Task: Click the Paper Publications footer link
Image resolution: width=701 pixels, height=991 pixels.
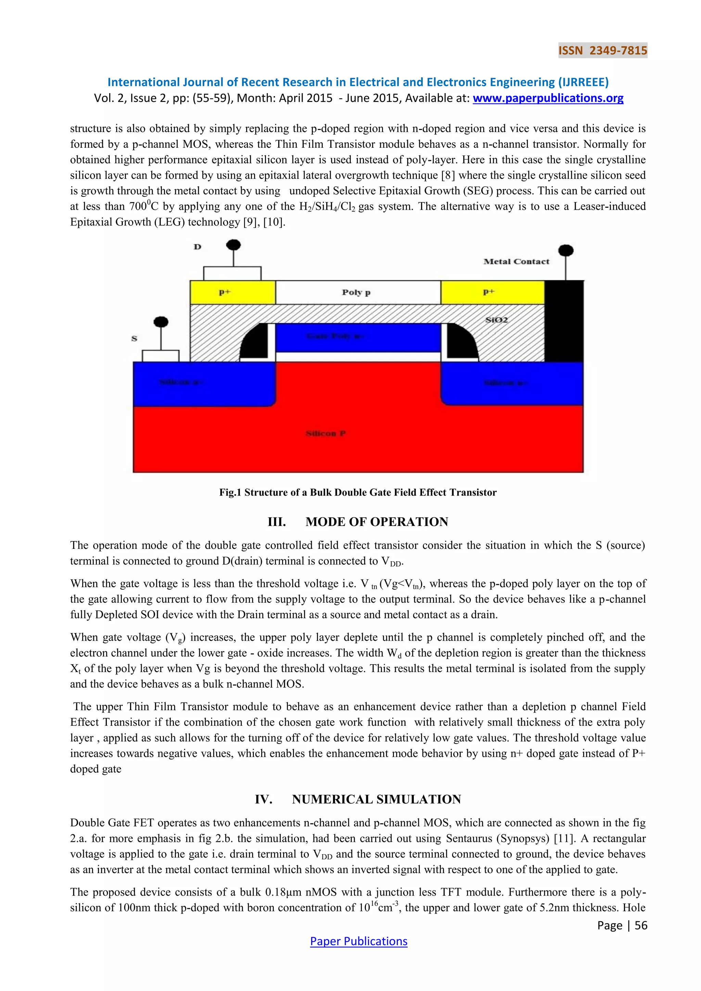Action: (x=358, y=941)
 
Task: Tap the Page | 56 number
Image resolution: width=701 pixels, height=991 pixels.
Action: (x=622, y=925)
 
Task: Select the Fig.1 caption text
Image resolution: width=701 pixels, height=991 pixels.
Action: (x=358, y=492)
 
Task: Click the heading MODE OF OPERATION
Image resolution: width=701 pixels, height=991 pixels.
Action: (x=377, y=522)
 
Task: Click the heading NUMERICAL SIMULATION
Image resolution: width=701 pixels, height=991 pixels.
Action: (x=377, y=799)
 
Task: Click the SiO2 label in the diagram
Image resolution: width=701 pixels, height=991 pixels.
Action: (x=496, y=320)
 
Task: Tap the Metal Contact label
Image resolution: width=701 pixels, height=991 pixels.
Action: (x=516, y=261)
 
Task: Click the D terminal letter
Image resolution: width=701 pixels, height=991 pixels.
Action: (x=197, y=247)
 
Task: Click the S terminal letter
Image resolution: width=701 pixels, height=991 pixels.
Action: (x=134, y=339)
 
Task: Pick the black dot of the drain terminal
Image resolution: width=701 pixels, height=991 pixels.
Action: (x=233, y=245)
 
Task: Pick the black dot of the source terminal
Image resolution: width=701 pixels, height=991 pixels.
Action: (x=161, y=322)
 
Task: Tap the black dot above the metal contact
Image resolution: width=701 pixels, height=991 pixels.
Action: (x=565, y=250)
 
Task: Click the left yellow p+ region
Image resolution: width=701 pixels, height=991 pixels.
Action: (x=233, y=292)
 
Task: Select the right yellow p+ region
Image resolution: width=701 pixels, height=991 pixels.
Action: (x=492, y=292)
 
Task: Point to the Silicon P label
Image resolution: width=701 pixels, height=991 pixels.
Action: (x=326, y=433)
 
